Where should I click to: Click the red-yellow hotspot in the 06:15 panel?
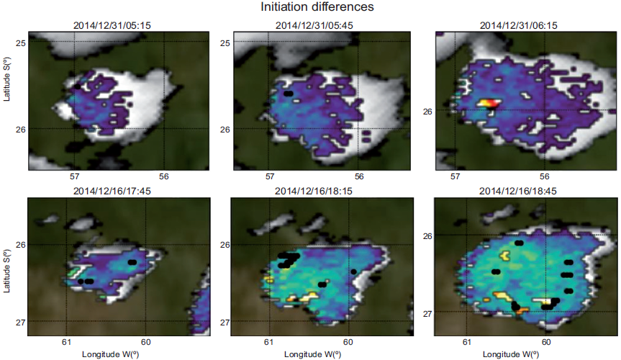(489, 104)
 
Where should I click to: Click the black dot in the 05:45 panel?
(289, 94)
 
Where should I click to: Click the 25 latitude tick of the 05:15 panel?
(21, 43)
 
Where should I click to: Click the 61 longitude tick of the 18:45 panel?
(467, 343)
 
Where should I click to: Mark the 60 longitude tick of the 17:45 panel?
(146, 343)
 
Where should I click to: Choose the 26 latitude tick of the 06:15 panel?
(427, 112)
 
